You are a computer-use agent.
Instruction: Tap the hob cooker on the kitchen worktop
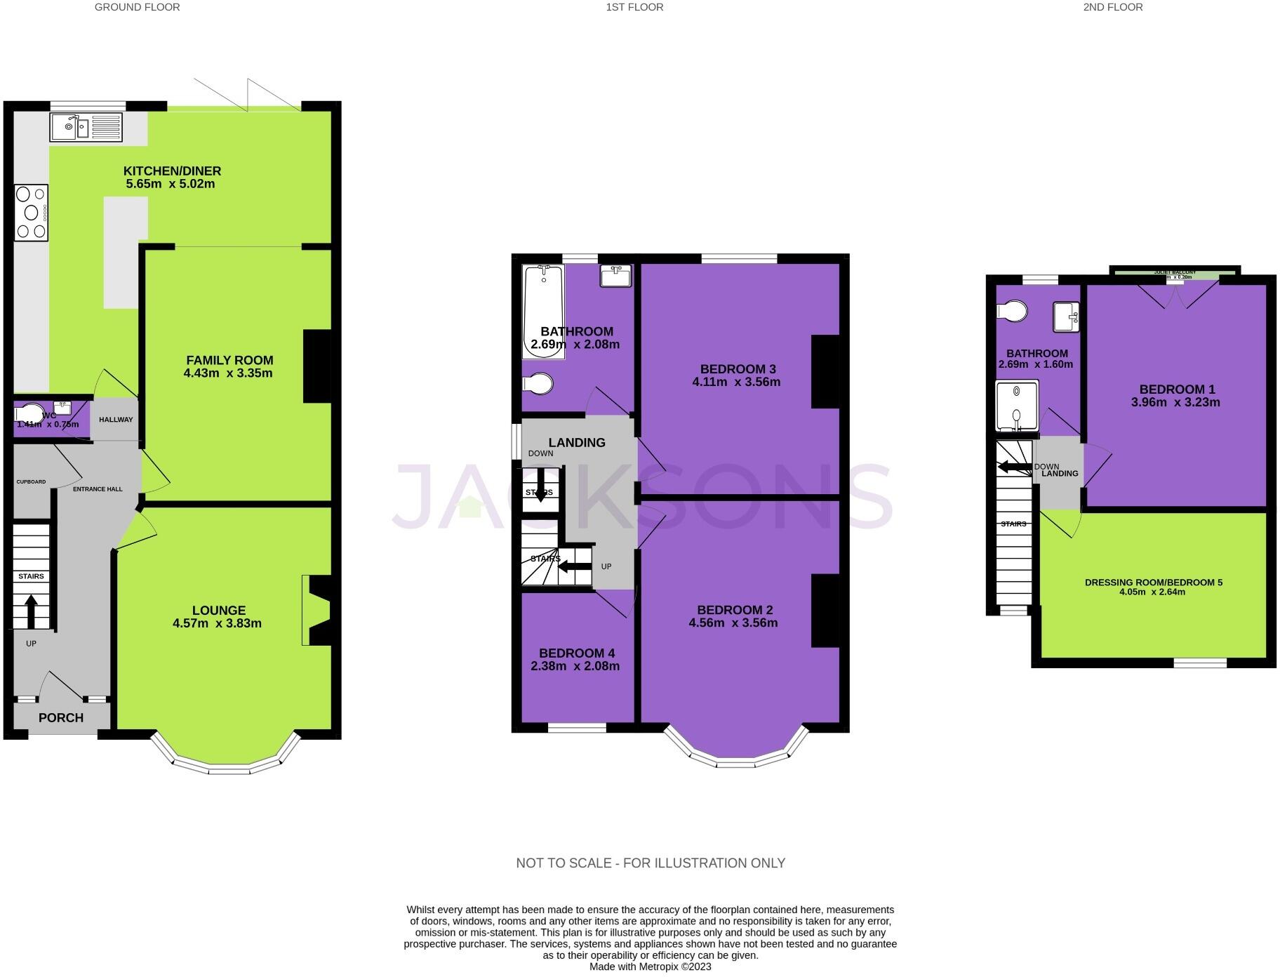pos(31,213)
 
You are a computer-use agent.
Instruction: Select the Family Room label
pos(229,360)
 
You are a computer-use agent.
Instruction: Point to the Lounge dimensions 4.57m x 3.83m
pos(217,623)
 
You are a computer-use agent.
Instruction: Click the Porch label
pos(61,717)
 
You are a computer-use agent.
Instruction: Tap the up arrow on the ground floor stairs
pos(31,612)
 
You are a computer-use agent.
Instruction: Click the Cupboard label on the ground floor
pos(31,481)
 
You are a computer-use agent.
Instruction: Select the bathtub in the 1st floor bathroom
pos(543,311)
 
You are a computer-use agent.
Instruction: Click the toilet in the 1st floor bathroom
pos(539,384)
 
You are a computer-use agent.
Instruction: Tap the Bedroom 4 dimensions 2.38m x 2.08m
pos(575,666)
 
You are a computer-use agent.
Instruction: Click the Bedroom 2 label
pos(735,610)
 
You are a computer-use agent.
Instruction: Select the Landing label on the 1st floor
pos(576,442)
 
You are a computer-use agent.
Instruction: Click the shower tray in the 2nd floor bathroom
pos(1016,406)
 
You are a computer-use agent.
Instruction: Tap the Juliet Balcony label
pos(1175,272)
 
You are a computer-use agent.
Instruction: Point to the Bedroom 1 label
pos(1177,390)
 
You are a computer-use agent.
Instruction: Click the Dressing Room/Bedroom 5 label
pos(1153,583)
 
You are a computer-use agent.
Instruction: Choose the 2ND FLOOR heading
pos(1112,7)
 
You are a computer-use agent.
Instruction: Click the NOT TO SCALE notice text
pos(650,863)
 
